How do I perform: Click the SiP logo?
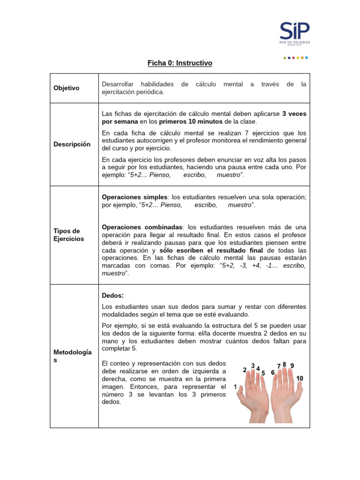[x=294, y=33]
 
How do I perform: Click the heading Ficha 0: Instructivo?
[x=180, y=63]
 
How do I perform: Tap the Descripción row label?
[x=71, y=144]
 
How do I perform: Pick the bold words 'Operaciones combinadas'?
[x=141, y=227]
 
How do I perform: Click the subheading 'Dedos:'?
[x=112, y=295]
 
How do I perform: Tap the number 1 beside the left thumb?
[x=235, y=387]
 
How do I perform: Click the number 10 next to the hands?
[x=300, y=378]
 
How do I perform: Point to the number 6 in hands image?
[x=273, y=373]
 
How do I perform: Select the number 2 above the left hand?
[x=245, y=370]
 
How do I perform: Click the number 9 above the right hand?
[x=292, y=366]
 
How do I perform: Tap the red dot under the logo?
[x=293, y=58]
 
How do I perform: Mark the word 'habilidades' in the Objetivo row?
[x=157, y=84]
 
